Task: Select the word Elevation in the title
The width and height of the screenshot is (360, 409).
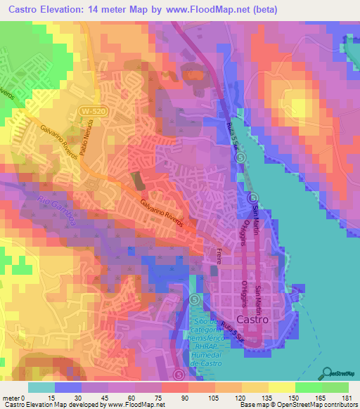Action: (x=63, y=10)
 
